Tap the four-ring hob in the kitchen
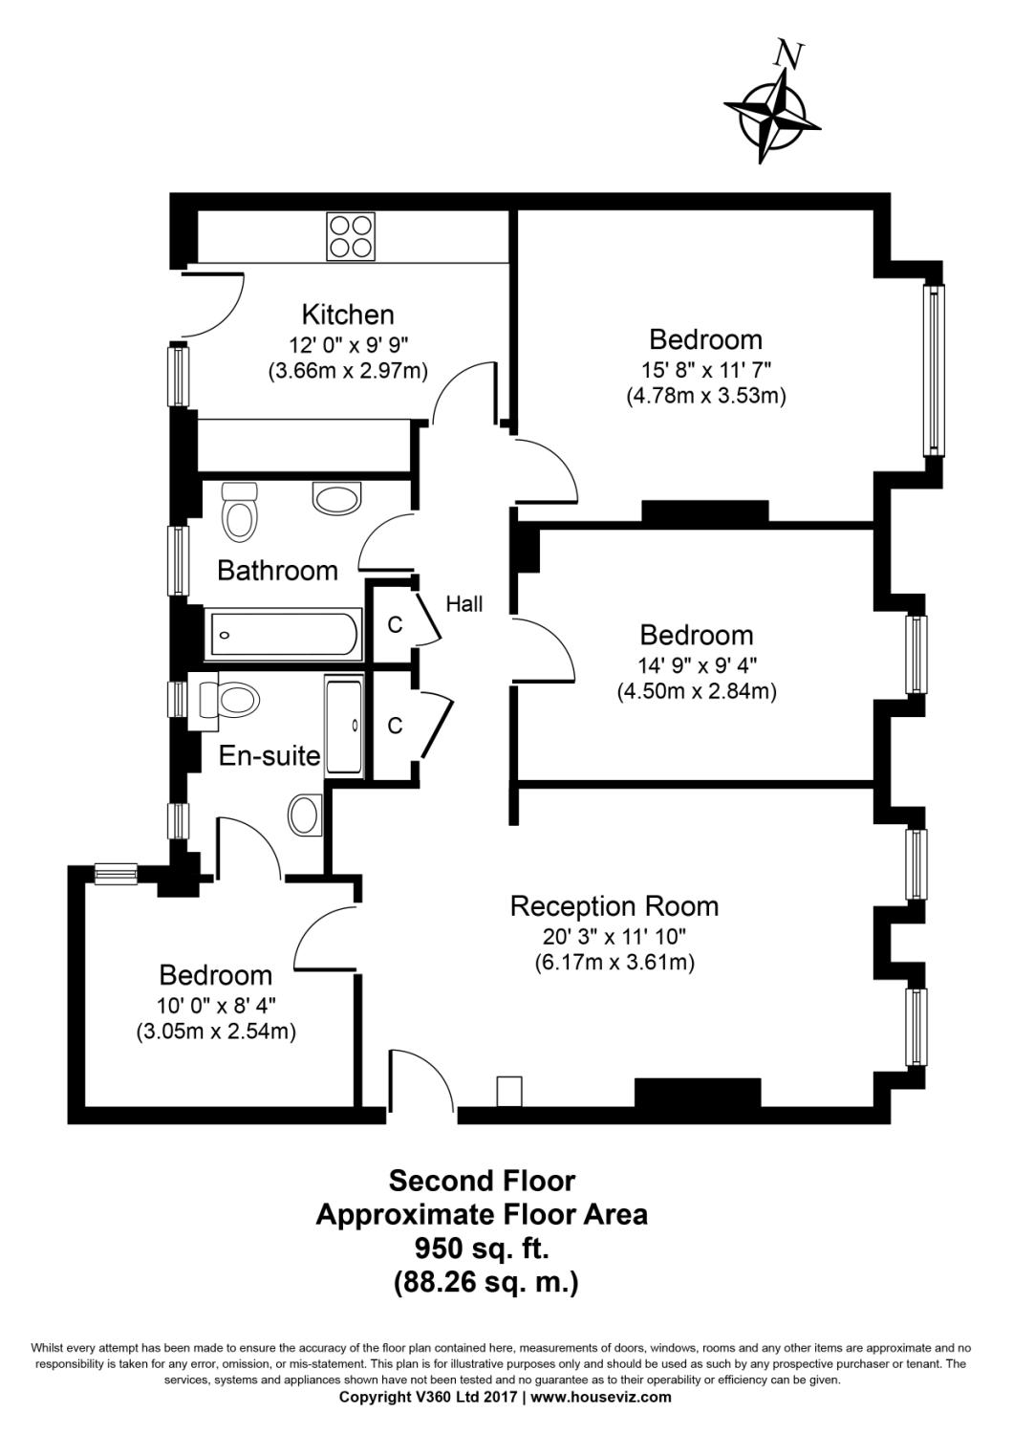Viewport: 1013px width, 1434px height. tap(351, 236)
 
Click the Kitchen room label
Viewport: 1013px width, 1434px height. tap(348, 315)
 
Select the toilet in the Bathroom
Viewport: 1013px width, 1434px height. tap(239, 511)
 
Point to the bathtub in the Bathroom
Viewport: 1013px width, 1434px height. tap(284, 635)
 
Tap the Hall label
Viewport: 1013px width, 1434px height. tap(463, 603)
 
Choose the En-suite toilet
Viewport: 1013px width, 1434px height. tap(228, 701)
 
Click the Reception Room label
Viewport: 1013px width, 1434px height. tap(614, 907)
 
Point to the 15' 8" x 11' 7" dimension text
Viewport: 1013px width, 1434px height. tap(706, 369)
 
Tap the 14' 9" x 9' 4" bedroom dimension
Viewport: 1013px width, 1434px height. tap(697, 665)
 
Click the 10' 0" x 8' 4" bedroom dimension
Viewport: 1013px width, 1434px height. tap(216, 1006)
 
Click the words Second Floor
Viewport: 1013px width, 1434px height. tap(482, 1181)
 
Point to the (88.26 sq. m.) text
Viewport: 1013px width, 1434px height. tap(486, 1282)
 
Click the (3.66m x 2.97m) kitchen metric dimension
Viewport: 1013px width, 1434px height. tap(348, 371)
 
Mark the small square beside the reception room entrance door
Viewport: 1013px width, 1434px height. tap(508, 1091)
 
